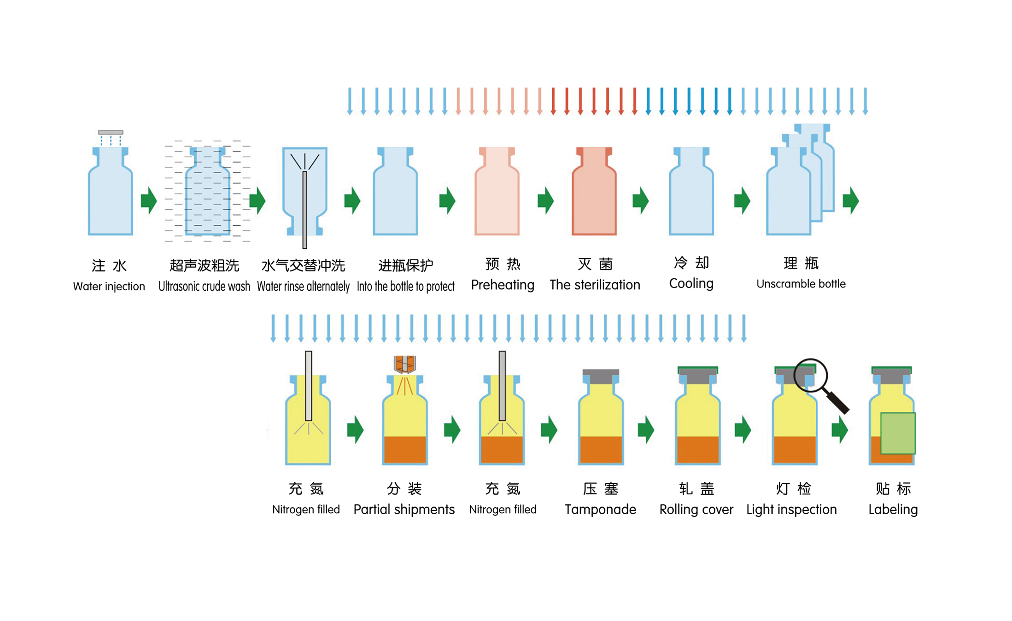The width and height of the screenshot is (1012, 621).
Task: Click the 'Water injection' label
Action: (109, 286)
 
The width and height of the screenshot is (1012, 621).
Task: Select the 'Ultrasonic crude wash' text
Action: (204, 286)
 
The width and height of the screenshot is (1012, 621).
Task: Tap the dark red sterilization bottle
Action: (594, 193)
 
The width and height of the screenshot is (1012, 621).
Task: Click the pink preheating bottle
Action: (497, 193)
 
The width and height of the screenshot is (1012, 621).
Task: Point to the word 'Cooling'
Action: (691, 283)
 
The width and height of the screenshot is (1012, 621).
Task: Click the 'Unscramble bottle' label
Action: (801, 284)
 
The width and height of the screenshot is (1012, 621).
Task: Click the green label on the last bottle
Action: (897, 433)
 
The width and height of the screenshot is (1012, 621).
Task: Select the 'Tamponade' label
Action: (600, 509)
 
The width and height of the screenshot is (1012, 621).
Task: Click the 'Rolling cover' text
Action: (696, 509)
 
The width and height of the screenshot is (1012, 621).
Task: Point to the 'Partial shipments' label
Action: (404, 509)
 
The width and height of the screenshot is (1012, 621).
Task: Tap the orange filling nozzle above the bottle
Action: (404, 364)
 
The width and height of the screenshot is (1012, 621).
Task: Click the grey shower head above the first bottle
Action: (111, 132)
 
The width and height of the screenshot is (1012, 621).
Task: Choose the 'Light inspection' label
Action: (791, 509)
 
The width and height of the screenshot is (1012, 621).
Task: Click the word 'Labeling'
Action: (893, 509)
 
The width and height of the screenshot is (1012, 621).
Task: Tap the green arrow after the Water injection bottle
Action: (149, 200)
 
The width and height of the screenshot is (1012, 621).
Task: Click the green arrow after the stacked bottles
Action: (850, 200)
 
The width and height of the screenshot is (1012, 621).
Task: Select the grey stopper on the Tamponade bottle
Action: (601, 376)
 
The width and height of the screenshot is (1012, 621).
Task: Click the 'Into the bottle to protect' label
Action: (405, 286)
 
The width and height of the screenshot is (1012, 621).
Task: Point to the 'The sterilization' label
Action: (595, 285)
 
